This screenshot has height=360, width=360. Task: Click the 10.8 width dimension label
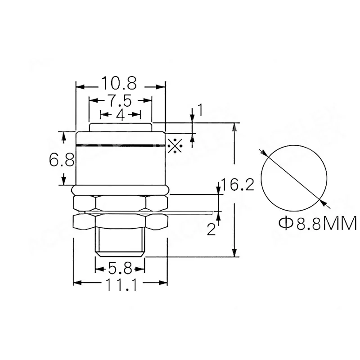[119, 84]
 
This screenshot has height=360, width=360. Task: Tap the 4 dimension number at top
[120, 115]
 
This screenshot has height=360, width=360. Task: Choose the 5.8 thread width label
[120, 270]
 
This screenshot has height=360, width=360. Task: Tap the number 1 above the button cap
[200, 110]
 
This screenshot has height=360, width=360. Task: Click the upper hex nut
[120, 202]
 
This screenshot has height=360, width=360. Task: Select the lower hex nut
[120, 220]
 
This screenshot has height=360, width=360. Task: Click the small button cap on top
[120, 127]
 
